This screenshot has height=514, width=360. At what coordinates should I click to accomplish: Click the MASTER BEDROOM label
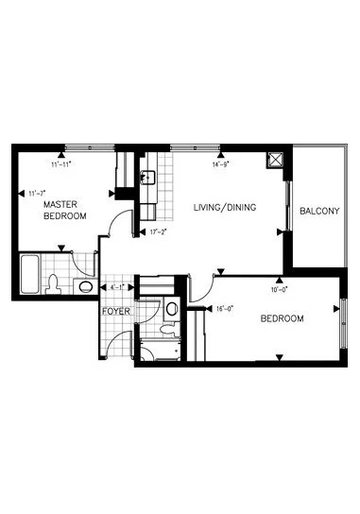(64, 210)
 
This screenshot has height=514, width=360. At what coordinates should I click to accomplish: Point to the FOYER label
(116, 312)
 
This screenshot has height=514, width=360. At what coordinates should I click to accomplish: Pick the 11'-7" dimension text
(38, 193)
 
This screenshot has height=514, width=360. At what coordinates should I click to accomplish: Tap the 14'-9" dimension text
(222, 163)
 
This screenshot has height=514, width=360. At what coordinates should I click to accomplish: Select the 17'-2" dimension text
(157, 231)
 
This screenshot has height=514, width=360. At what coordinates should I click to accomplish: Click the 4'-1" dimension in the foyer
(119, 286)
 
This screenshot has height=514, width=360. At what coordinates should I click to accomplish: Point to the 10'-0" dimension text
(280, 278)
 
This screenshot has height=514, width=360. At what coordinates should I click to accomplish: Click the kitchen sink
(147, 177)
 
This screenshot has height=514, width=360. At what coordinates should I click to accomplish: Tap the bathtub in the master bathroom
(29, 275)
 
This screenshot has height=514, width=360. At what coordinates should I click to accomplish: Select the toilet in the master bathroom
(55, 283)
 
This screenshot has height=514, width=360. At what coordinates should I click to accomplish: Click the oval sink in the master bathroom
(85, 286)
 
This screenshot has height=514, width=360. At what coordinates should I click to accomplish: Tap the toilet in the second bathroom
(166, 330)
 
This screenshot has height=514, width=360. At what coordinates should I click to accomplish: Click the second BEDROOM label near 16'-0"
(282, 318)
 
